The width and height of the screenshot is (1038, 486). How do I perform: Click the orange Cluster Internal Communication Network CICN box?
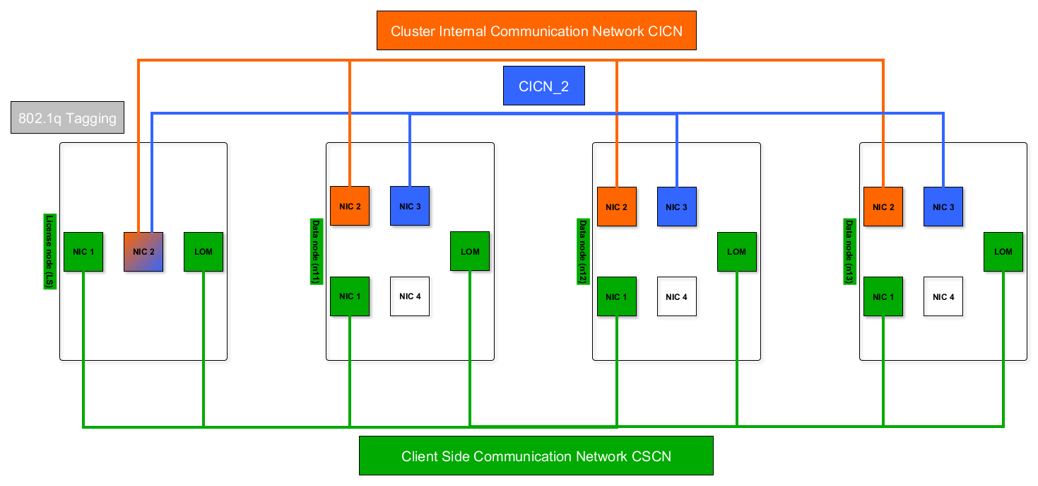(x=536, y=30)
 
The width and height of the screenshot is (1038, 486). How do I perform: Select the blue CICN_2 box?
(x=543, y=86)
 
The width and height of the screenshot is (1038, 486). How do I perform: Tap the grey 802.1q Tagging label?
(x=68, y=118)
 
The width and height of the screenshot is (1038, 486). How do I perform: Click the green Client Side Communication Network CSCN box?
(x=536, y=456)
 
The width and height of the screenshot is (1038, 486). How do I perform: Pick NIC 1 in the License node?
(x=83, y=252)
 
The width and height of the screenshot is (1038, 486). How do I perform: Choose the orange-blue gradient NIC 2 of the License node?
(x=143, y=252)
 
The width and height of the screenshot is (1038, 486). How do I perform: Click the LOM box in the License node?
(x=204, y=252)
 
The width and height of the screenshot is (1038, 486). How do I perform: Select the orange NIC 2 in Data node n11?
(x=350, y=207)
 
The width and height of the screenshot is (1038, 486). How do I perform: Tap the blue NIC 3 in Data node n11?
(x=410, y=207)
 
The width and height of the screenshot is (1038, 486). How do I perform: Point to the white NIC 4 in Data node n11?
(x=410, y=296)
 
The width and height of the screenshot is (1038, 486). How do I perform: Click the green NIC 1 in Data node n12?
(x=616, y=296)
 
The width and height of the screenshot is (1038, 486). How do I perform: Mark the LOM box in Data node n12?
(x=736, y=252)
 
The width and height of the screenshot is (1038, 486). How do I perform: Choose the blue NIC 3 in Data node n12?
(x=676, y=207)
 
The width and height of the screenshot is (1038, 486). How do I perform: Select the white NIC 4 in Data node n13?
(x=943, y=296)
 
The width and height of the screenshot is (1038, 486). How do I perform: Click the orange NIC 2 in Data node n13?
(x=883, y=207)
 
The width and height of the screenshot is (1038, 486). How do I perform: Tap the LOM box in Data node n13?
(x=1003, y=252)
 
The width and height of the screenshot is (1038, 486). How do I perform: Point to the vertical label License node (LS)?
(x=49, y=251)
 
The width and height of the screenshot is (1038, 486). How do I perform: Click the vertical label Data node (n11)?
(x=316, y=252)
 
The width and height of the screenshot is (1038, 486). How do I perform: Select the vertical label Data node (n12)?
(x=583, y=252)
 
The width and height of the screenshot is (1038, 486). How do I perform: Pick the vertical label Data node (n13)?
(x=849, y=252)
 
